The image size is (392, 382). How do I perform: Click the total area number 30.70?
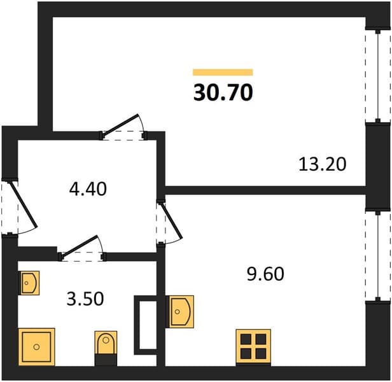223,92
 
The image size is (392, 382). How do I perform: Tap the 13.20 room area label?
323,164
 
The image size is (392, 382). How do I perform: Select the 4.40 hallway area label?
88,189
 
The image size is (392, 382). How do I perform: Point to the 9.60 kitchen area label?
265,274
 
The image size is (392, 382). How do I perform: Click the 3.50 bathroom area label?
85,299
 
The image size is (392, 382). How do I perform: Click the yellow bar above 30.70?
223,73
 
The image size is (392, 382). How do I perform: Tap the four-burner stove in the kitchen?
253,347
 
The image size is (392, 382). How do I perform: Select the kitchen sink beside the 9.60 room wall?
180,311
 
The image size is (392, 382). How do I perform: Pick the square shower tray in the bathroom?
36,347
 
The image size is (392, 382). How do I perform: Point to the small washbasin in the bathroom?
29,283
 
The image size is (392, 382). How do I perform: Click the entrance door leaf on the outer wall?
23,204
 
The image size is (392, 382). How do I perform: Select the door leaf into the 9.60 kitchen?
172,220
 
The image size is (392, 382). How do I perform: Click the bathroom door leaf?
80,246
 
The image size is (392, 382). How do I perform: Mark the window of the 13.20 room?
378,76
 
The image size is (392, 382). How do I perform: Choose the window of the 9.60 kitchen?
378,256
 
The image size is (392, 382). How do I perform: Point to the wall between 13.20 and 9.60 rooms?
265,190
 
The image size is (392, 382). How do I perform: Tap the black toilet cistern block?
106,360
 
